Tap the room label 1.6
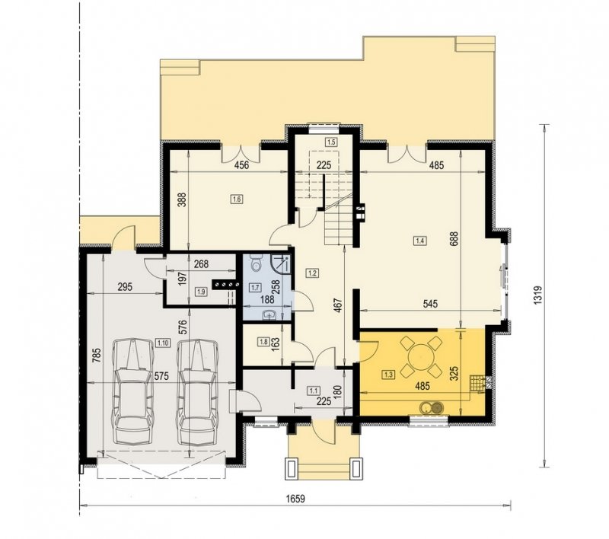click(x=237, y=199)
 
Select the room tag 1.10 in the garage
click(x=162, y=343)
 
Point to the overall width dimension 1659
click(x=296, y=499)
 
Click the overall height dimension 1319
click(x=537, y=295)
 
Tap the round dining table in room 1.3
click(x=422, y=356)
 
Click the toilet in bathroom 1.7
click(x=256, y=263)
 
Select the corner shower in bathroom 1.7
click(x=280, y=263)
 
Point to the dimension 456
click(x=241, y=165)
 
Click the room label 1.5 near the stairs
click(x=331, y=142)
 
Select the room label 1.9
click(x=201, y=292)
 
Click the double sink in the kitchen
click(x=432, y=407)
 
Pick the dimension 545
click(x=430, y=304)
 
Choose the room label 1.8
click(x=263, y=342)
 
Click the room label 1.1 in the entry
click(x=313, y=390)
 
